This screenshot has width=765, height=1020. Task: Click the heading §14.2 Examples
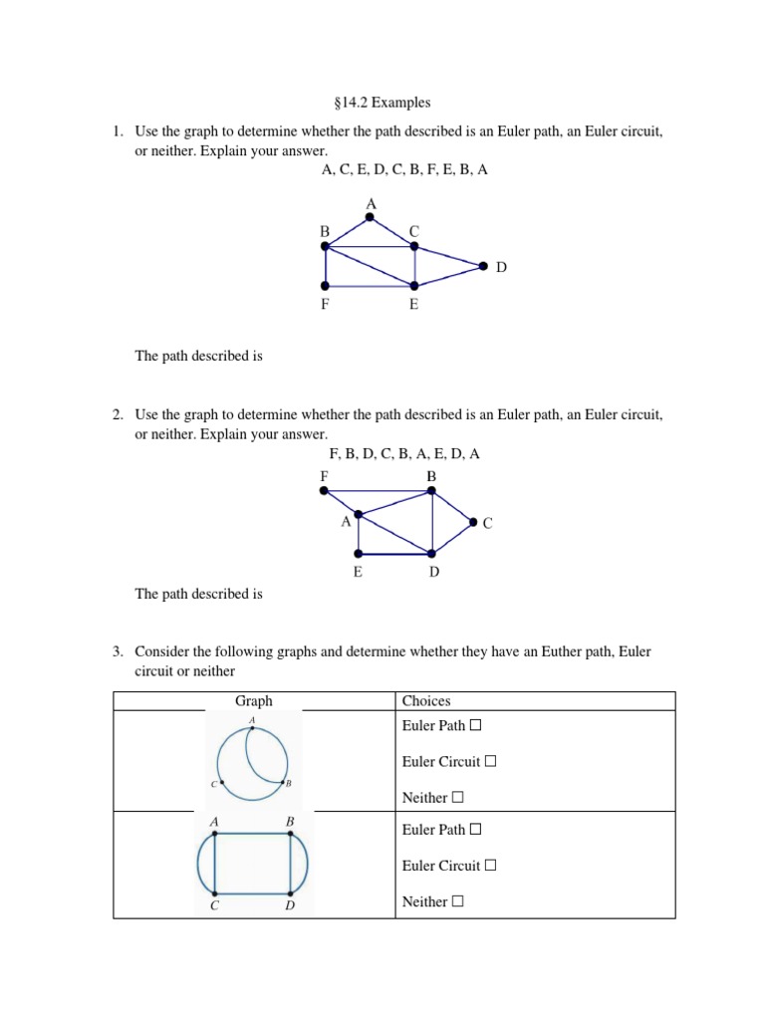click(382, 103)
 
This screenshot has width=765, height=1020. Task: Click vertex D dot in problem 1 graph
click(483, 266)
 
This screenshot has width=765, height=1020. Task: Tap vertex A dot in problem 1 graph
click(371, 216)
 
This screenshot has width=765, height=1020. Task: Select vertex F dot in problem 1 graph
click(326, 285)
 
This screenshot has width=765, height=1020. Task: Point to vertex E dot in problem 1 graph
click(414, 285)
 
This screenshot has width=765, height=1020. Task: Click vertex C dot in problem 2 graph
click(472, 521)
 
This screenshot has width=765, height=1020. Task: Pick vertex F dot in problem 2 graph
click(324, 489)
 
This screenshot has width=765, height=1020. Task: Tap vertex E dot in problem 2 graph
click(358, 553)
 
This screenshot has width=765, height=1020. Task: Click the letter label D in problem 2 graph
click(434, 572)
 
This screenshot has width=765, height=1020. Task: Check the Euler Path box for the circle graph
click(475, 726)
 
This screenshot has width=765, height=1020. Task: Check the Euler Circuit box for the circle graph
click(489, 762)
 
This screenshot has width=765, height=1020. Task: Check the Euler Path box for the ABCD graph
click(475, 830)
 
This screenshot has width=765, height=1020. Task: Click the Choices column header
click(425, 701)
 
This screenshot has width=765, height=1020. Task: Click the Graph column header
click(253, 701)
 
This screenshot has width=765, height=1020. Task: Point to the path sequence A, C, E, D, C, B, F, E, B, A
click(404, 170)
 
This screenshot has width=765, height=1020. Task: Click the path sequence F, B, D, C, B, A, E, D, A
click(404, 453)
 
